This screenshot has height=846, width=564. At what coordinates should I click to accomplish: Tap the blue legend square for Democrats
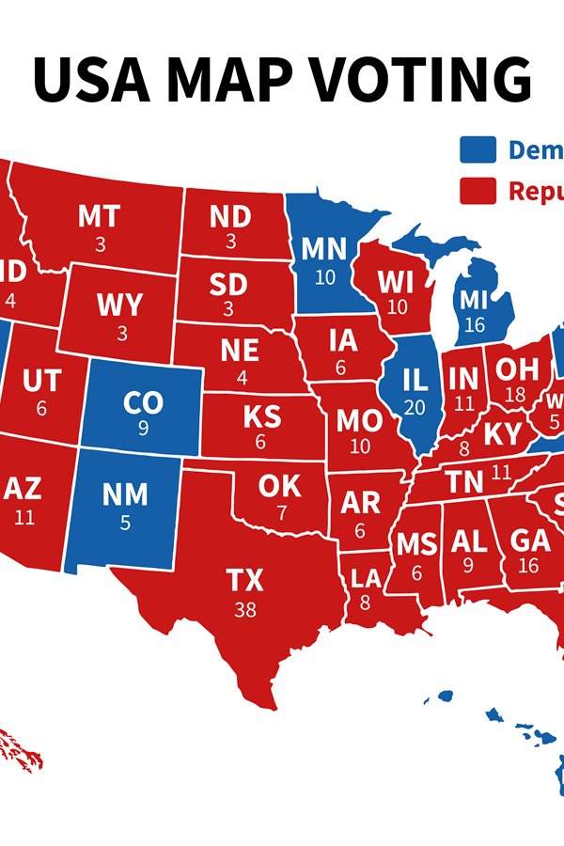(x=478, y=150)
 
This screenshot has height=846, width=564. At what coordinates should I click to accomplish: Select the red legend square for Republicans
(x=478, y=191)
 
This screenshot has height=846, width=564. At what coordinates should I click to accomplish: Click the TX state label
(x=245, y=580)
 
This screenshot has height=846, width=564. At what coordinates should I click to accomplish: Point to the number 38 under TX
(x=245, y=609)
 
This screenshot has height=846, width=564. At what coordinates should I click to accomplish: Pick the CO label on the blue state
(x=143, y=403)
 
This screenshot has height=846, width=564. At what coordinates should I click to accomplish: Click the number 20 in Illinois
(x=415, y=407)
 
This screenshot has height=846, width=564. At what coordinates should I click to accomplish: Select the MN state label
(x=324, y=250)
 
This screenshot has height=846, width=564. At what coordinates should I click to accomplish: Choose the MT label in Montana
(x=99, y=217)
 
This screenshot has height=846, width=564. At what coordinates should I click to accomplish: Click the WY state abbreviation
(x=120, y=305)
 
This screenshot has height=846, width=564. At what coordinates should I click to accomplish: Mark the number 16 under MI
(x=475, y=325)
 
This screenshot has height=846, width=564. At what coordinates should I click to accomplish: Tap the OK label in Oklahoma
(x=280, y=486)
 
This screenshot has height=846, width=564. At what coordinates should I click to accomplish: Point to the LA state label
(x=365, y=576)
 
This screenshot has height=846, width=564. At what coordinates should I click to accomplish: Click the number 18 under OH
(x=515, y=395)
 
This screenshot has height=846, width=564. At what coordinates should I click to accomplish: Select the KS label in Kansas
(x=260, y=415)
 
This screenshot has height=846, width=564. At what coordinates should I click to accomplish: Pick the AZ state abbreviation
(x=24, y=488)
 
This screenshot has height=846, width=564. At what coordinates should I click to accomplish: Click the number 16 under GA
(x=528, y=565)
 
